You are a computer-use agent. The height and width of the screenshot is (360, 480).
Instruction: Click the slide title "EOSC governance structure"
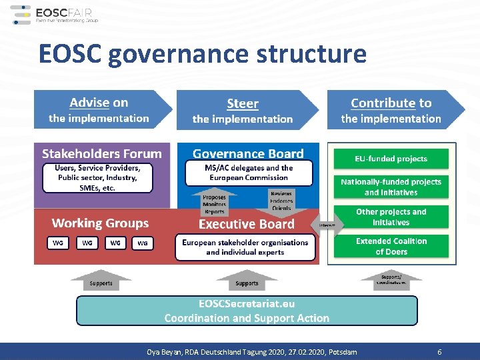click(x=203, y=54)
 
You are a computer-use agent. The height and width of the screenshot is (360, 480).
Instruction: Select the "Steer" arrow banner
click(x=244, y=111)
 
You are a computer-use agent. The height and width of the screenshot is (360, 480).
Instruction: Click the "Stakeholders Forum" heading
click(x=102, y=154)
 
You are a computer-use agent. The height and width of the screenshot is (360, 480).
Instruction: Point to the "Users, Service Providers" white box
click(x=97, y=178)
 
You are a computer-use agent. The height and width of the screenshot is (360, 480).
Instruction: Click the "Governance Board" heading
click(x=248, y=154)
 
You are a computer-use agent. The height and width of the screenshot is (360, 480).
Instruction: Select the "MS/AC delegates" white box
click(x=249, y=173)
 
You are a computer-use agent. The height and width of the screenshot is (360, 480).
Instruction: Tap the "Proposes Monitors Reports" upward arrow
click(x=215, y=203)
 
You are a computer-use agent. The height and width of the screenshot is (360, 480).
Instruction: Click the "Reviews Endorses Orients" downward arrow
click(x=281, y=200)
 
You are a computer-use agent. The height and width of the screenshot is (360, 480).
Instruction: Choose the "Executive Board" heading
click(x=247, y=224)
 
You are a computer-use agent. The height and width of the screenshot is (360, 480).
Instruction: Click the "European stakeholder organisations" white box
click(x=245, y=247)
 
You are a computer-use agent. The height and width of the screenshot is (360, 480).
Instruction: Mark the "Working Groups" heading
click(x=100, y=223)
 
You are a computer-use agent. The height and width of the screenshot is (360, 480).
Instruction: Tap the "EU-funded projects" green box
click(x=391, y=159)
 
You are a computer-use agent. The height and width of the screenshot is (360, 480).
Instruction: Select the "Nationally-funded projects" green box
click(x=391, y=187)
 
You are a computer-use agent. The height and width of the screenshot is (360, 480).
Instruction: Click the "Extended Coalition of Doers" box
click(x=391, y=246)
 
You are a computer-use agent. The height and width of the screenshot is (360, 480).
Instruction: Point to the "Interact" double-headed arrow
click(x=331, y=225)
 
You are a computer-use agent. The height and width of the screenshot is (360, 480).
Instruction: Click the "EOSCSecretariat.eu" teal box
click(x=247, y=311)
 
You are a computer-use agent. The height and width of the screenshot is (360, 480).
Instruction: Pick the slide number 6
click(x=439, y=351)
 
